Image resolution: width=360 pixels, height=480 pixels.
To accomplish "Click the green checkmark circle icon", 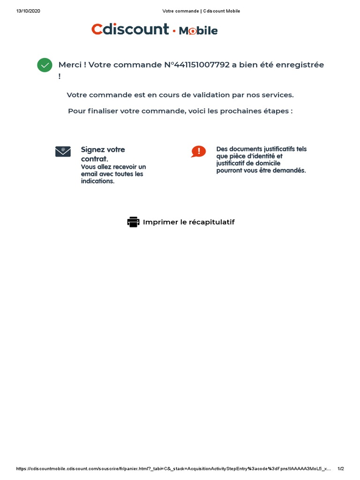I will pos(45,65).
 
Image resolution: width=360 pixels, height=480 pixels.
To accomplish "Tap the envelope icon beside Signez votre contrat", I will pos(63,151).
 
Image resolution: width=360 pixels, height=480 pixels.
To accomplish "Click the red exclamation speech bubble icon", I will pos(198,151).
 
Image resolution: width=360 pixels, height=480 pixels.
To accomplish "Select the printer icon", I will pos(133,222).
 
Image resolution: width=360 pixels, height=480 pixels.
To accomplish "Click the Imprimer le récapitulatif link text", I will pos(188,222).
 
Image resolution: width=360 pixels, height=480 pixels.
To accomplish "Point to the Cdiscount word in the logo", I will pos(130,30).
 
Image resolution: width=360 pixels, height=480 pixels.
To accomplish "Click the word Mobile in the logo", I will pos(198,31).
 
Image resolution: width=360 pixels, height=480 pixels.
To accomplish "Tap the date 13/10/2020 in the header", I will pos(28,11).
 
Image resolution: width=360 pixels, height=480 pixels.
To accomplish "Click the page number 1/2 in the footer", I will pos(341,469).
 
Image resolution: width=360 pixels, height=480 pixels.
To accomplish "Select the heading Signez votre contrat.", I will pos(103,154).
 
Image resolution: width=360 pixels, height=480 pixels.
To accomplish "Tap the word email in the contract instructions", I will pos(89,174).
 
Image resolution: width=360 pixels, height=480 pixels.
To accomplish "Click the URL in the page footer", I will pos(173,469).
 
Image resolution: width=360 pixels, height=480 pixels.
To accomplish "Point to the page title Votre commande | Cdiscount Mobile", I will pos(201,11).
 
